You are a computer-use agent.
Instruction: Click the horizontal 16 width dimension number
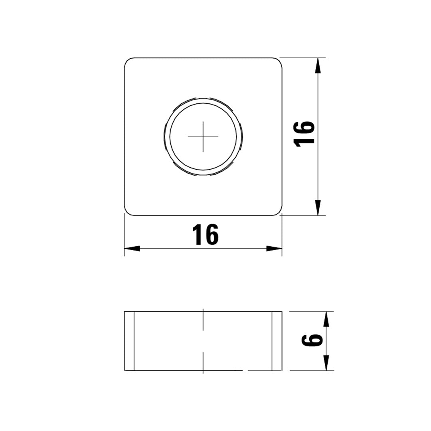206,235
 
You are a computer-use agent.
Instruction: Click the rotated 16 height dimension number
304,133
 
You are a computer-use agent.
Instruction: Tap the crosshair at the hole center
203,136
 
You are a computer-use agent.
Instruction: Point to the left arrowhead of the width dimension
132,248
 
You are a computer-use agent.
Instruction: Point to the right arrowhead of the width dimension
274,248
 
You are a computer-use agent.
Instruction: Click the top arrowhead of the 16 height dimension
318,65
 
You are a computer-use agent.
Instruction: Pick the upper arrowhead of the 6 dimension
326,319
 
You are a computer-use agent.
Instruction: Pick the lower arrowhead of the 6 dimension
326,362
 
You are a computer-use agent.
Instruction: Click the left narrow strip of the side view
129,341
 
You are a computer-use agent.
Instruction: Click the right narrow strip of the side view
277,341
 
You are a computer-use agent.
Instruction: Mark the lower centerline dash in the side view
203,362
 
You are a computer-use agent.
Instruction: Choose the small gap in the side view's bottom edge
245,370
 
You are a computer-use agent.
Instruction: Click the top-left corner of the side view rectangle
125,311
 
